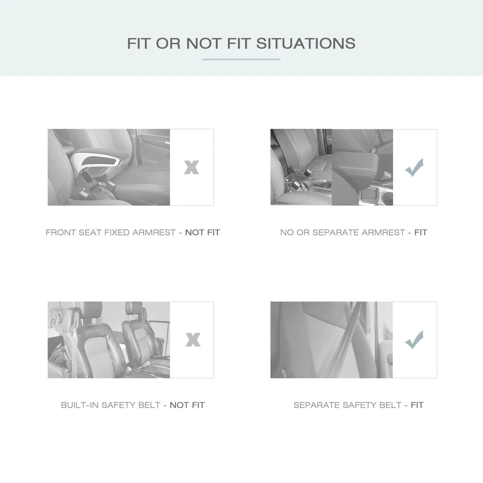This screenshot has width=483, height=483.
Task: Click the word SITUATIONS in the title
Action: tap(306, 43)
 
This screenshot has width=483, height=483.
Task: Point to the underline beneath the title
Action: tap(241, 59)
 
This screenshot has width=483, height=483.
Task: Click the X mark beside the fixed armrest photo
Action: tap(192, 167)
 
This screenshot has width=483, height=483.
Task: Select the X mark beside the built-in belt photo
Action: tap(193, 340)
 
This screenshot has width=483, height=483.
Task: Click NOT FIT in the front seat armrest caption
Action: tap(202, 232)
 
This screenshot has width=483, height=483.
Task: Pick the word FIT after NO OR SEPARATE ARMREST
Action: tap(421, 232)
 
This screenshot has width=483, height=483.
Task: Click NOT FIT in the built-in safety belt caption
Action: tap(187, 405)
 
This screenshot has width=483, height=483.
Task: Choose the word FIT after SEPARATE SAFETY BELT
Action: tap(417, 405)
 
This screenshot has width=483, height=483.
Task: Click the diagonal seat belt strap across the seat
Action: tap(342, 340)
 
